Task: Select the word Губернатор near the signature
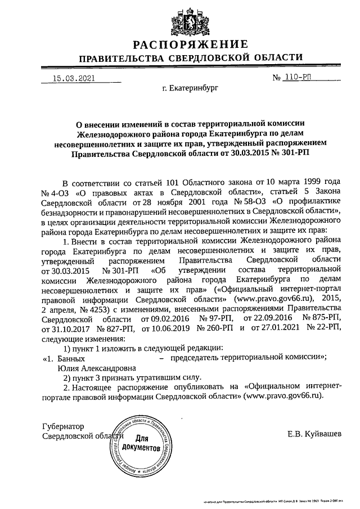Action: (63, 427)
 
